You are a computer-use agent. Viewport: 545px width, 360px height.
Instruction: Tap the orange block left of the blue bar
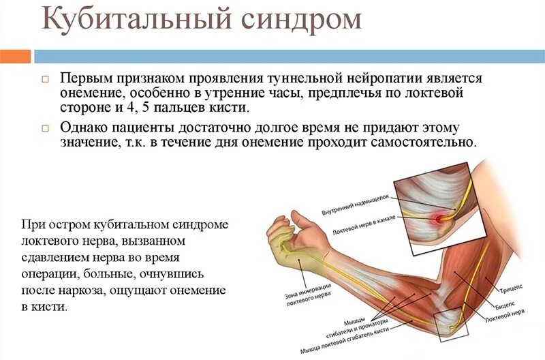coord(15,55)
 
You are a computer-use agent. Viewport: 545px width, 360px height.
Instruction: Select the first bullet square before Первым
coord(46,79)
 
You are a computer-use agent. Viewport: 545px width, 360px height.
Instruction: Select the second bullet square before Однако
coord(46,128)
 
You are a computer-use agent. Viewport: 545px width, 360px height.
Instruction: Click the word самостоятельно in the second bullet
coord(422,142)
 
